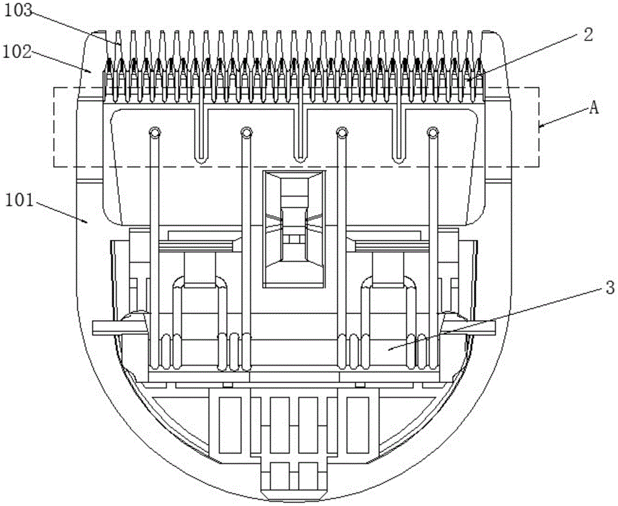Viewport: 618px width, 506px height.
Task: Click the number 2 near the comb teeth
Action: pyautogui.click(x=588, y=35)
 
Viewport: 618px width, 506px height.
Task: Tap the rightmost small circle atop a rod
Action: pyautogui.click(x=432, y=132)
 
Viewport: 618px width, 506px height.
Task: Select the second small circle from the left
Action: pyautogui.click(x=246, y=132)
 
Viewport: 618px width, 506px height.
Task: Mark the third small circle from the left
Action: pyautogui.click(x=339, y=132)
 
